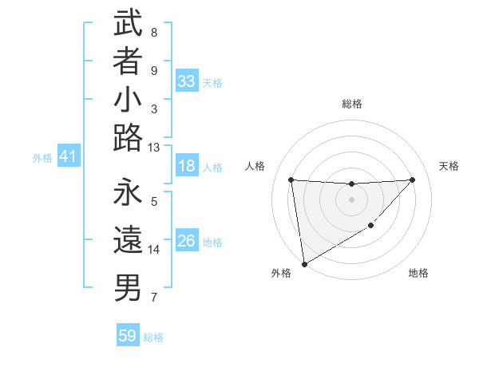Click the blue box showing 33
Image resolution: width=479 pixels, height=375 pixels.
[x=187, y=81]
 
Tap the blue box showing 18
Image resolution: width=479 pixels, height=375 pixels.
[x=187, y=167]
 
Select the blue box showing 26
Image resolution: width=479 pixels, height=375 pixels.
[x=187, y=242]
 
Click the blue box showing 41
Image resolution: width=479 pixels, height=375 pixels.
[x=68, y=157]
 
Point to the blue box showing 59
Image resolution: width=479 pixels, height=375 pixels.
[x=128, y=336]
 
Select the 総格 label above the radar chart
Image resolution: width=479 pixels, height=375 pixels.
[x=351, y=104]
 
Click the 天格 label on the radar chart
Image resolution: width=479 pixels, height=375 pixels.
[x=449, y=166]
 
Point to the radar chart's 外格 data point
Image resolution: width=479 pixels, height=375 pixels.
[x=304, y=264]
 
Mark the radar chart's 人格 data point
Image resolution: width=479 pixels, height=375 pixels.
[x=291, y=180]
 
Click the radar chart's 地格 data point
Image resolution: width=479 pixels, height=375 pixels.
[x=370, y=227]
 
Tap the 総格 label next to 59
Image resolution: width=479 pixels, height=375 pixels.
[x=153, y=337]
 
